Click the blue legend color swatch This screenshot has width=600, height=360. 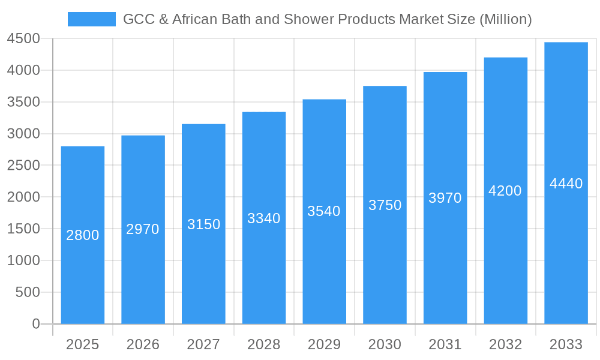pos(91,19)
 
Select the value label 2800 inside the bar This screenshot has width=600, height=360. pos(83,235)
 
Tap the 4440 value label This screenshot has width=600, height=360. pos(566,184)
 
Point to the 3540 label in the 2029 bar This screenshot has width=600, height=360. pos(324,211)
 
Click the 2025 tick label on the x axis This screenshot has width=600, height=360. pos(83,344)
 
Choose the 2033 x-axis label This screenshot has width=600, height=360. pos(566,344)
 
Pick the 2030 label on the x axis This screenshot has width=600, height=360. pos(385,344)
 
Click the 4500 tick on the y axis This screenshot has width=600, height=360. pos(23,39)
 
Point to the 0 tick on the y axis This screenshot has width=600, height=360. pos(35,324)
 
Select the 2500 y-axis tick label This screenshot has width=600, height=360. pos(23,166)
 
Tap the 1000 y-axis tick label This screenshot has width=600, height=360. pos(23,260)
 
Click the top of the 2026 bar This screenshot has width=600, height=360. pos(143,136)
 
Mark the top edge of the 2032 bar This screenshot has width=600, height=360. pos(505,58)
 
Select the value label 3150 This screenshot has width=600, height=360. pos(203,224)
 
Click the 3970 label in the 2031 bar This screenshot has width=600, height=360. pos(445,198)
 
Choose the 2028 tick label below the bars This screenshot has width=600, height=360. pos(264,344)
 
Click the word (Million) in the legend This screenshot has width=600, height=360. pos(506,19)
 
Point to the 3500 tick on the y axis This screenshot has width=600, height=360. pos(23,102)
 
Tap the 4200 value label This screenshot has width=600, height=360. pos(505,191)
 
